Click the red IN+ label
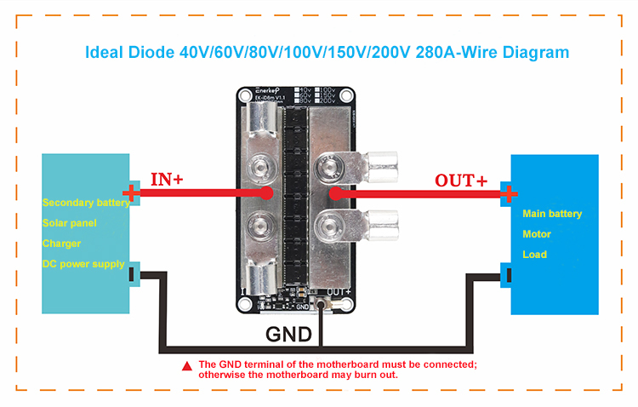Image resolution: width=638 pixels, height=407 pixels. tap(168, 179)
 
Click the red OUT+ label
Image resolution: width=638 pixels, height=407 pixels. tap(461, 181)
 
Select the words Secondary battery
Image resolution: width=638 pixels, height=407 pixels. tap(86, 203)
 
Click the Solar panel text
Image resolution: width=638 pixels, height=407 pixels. tap(70, 223)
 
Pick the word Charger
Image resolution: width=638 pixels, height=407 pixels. tap(62, 244)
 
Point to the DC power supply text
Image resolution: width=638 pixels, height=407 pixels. tap(83, 264)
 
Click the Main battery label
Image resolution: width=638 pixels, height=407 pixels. tap(552, 214)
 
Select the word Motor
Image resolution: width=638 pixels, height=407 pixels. tap(537, 234)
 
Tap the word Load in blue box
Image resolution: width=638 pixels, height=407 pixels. tap(535, 255)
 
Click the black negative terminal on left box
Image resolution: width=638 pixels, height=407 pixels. tap(132, 274)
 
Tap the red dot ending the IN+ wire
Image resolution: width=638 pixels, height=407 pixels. tap(268, 193)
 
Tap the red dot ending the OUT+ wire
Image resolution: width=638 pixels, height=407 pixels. tap(333, 194)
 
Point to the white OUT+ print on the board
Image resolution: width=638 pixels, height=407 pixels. tap(340, 293)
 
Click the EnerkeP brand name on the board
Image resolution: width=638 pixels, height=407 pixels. tap(259, 89)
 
